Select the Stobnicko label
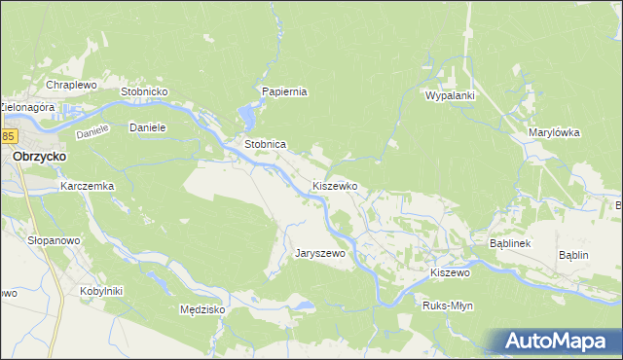[145, 91]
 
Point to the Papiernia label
[284, 91]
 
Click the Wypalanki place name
[449, 96]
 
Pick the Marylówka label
[554, 132]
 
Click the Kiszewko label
[335, 185]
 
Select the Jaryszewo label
[320, 253]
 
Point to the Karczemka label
[88, 185]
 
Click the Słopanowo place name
[54, 239]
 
